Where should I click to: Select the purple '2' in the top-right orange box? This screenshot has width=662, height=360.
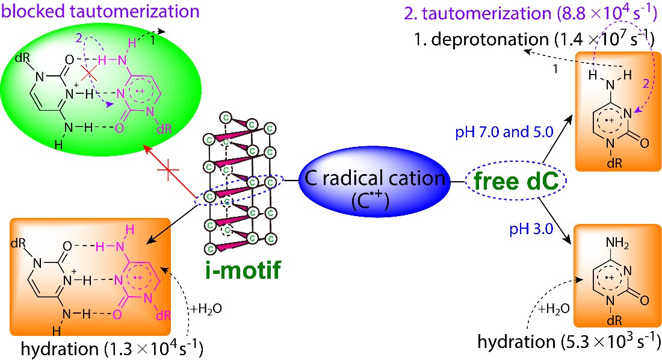click(x=642, y=85)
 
